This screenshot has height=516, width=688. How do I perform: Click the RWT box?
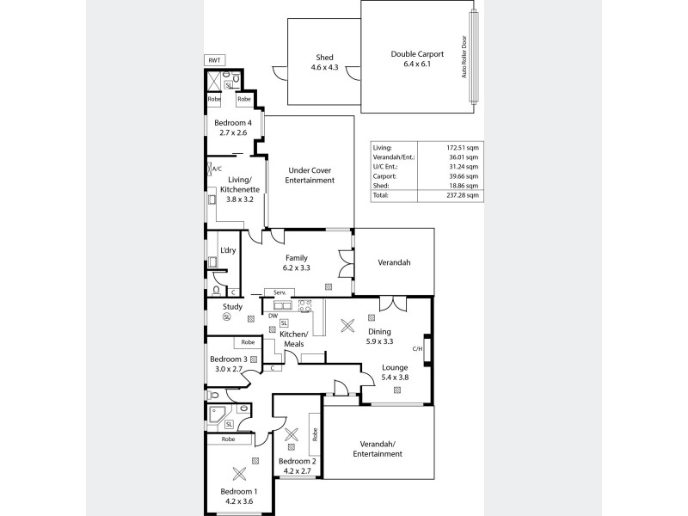click(x=213, y=59)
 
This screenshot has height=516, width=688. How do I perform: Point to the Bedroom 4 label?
click(x=232, y=123)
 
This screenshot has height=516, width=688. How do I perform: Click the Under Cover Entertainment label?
click(x=310, y=175)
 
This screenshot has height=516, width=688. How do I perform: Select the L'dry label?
click(x=228, y=250)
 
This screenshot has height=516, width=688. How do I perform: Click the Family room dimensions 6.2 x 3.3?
click(x=297, y=268)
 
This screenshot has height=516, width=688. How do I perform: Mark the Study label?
click(x=232, y=306)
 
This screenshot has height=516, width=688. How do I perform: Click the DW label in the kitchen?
click(x=272, y=315)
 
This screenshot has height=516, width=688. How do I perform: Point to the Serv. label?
click(x=279, y=293)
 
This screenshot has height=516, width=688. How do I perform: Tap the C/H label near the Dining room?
click(x=417, y=348)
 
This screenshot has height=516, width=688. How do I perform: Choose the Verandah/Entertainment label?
click(x=378, y=448)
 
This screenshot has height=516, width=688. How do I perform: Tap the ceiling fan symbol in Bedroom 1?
click(x=238, y=472)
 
